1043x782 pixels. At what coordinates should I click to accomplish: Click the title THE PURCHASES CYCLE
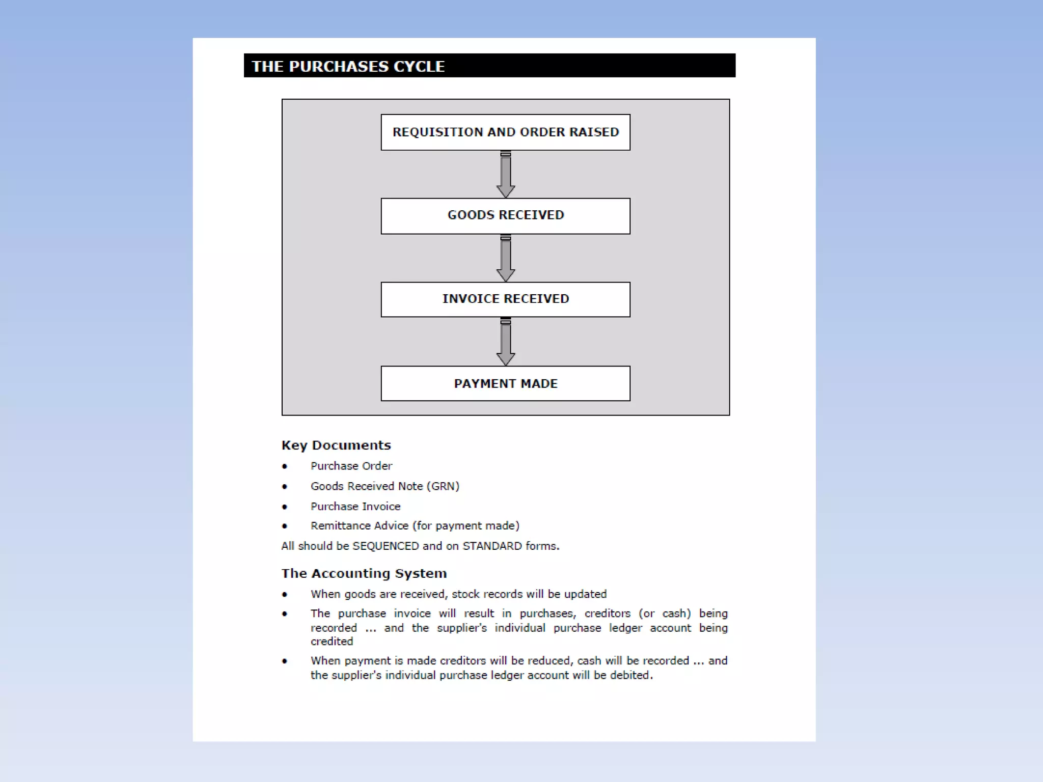pos(348,66)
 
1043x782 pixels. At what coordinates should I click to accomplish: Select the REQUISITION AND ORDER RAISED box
pos(505,132)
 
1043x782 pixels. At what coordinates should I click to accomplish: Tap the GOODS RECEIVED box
pos(505,216)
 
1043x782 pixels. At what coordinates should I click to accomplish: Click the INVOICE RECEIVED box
pos(505,299)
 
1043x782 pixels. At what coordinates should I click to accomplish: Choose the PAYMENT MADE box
pos(505,383)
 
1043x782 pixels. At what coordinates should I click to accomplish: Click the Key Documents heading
pos(336,445)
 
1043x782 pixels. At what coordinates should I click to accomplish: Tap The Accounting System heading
pos(364,574)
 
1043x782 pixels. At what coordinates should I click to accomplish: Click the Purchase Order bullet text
pos(351,466)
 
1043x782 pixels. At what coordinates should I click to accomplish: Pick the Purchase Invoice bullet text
pos(355,507)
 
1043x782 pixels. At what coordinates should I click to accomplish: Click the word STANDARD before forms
pos(492,546)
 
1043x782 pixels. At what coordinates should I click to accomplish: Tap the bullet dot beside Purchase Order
pos(285,466)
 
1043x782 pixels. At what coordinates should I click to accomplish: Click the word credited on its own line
pos(332,641)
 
